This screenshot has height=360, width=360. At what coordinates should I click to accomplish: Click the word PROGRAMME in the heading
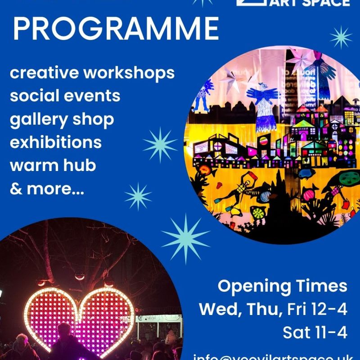[116, 29]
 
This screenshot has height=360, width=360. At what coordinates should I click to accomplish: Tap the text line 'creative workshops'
[92, 73]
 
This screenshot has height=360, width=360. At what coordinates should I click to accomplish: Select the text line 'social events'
[65, 96]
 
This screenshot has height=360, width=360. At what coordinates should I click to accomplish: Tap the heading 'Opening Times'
[283, 286]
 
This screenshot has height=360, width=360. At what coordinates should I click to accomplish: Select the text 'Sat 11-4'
[315, 333]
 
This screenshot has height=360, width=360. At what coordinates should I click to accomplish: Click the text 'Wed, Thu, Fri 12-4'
[273, 310]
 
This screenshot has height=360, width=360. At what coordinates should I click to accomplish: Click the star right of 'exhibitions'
[160, 145]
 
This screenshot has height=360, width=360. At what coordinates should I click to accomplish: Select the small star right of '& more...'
[138, 197]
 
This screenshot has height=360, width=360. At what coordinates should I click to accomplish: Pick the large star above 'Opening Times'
[185, 238]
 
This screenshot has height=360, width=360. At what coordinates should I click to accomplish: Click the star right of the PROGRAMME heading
[341, 37]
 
